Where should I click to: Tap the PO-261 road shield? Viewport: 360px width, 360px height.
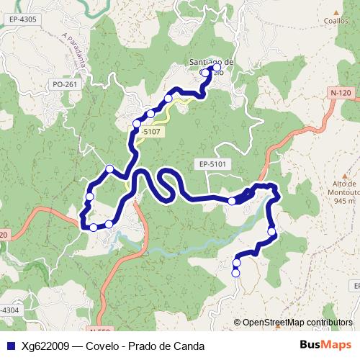pos(64,84)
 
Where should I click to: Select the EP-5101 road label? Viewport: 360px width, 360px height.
pos(214,164)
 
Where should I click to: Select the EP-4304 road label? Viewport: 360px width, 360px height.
pos(10,310)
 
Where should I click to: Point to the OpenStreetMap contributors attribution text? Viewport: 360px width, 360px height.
pos(297,323)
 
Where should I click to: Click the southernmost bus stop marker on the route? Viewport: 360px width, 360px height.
pos(235,273)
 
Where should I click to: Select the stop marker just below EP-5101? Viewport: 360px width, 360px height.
pos(232,201)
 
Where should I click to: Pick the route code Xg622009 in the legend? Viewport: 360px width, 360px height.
pos(45,345)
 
